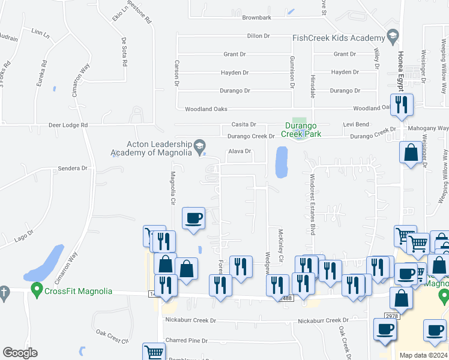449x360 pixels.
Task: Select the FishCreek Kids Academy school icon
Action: point(393,34)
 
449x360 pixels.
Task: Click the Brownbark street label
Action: point(257,18)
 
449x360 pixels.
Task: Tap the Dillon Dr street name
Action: point(259,36)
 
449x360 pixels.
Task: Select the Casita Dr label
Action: point(244,125)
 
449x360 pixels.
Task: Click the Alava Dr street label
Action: point(240,151)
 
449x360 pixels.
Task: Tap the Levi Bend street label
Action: point(356,124)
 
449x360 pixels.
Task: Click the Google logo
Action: point(20,353)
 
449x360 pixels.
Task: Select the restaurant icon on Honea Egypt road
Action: point(401,105)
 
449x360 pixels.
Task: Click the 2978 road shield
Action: point(391,316)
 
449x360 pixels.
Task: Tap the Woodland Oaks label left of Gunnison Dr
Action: point(206,109)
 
